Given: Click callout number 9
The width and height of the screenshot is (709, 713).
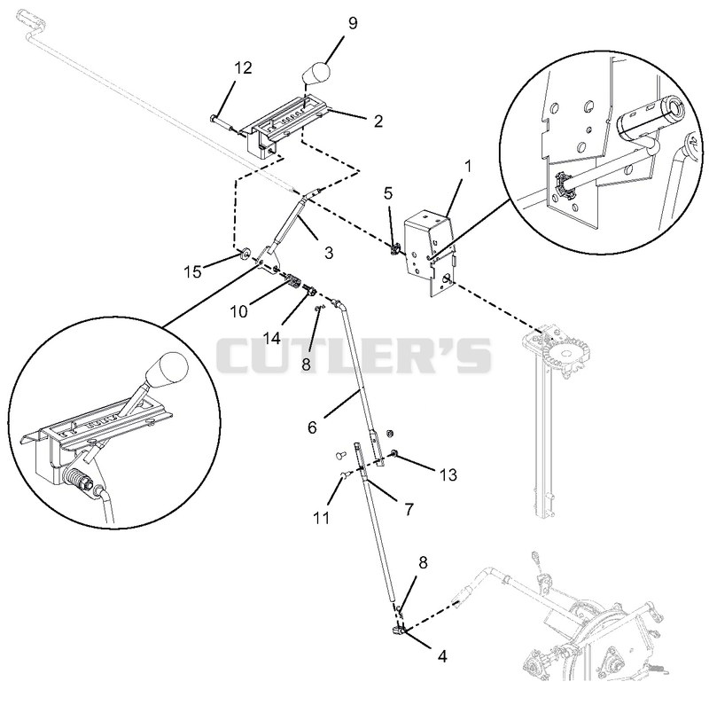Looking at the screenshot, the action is [x=353, y=23].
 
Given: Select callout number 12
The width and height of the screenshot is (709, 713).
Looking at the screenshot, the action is [x=243, y=67].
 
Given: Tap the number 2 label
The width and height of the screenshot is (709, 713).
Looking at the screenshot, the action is [x=378, y=121].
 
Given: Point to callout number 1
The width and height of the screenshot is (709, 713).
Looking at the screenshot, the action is [x=468, y=167].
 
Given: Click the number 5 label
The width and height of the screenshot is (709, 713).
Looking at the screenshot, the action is [x=387, y=193].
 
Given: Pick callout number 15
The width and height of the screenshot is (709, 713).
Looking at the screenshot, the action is [x=192, y=272].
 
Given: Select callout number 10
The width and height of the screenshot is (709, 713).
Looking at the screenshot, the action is [x=238, y=311].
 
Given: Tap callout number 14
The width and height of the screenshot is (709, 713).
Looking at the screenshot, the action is [x=272, y=338].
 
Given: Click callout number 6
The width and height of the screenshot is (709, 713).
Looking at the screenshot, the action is [x=312, y=427].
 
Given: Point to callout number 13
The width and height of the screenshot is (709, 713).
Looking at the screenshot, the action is [x=448, y=474].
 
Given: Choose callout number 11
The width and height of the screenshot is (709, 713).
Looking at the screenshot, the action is [x=322, y=518].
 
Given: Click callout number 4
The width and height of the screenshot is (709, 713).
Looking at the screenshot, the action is [x=441, y=656].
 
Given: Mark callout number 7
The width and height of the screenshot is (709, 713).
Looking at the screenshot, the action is [x=409, y=509].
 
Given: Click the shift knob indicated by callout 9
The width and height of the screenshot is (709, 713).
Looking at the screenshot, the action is [x=316, y=73].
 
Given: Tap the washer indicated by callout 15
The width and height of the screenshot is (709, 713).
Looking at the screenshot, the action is [x=245, y=253].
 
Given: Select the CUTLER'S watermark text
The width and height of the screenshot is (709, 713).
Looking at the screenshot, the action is [x=354, y=355].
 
